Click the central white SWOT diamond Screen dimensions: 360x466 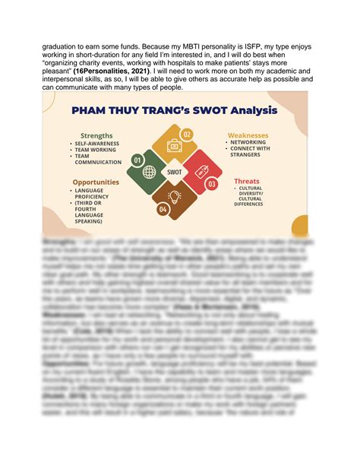point(174,172)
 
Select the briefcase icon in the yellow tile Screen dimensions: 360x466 point(174,145)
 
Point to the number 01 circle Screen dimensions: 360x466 point(137,160)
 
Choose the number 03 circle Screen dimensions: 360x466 point(212,183)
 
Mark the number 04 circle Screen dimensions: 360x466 point(163,208)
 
